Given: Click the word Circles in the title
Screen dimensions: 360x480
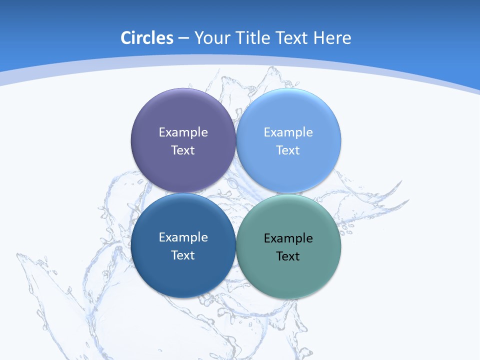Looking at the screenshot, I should [147, 38].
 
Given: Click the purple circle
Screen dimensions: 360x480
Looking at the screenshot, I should [183, 110].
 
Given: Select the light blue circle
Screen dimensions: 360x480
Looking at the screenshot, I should [288, 110].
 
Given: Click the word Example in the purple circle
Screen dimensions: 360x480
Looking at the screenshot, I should [183, 132].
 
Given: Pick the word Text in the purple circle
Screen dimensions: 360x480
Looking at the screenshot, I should [183, 150].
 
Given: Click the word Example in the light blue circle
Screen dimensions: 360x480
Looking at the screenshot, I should [288, 132].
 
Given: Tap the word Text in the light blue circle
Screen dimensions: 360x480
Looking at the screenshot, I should [288, 150].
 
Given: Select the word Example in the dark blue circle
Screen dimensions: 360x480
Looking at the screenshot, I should [183, 237].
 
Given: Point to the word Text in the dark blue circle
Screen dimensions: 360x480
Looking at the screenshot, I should [183, 255].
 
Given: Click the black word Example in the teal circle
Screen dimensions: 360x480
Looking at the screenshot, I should [288, 238].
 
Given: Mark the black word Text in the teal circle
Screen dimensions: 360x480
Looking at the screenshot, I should [288, 256].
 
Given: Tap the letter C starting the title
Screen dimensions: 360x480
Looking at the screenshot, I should [125, 38].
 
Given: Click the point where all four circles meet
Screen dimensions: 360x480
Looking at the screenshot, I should [236, 193].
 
